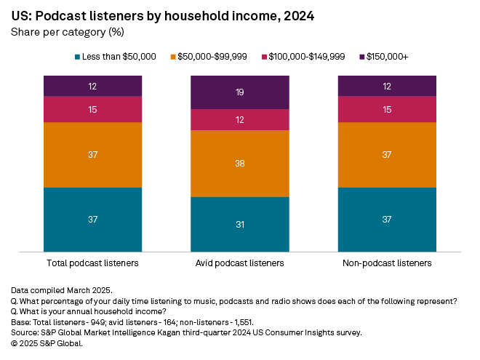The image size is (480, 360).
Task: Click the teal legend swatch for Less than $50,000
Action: tap(78, 57)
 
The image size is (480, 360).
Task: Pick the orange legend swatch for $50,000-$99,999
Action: tap(174, 57)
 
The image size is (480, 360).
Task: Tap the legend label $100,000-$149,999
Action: tap(313, 57)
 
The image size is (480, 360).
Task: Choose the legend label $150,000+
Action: tap(393, 57)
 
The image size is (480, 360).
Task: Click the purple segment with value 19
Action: tap(240, 92)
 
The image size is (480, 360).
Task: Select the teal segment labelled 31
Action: tap(240, 225)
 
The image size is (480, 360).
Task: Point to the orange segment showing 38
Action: tap(240, 164)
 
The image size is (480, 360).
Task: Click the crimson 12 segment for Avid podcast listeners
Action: tap(240, 119)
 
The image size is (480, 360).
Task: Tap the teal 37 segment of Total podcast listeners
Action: tap(92, 220)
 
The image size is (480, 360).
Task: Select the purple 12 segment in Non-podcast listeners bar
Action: tap(387, 86)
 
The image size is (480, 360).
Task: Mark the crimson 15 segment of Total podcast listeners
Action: tap(92, 109)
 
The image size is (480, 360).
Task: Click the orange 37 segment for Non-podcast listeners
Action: tap(387, 155)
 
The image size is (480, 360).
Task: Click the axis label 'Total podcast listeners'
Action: tap(92, 263)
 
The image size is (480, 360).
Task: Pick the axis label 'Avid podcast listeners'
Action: tap(240, 263)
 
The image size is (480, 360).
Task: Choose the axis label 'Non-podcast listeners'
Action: tap(387, 263)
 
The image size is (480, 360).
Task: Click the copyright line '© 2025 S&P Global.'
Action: tap(47, 343)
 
